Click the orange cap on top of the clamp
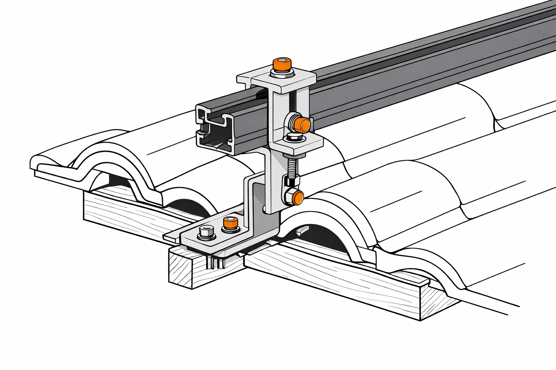(282, 64)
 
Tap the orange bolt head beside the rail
(302, 124)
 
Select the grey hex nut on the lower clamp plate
(292, 137)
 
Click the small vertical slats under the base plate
(216, 262)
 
